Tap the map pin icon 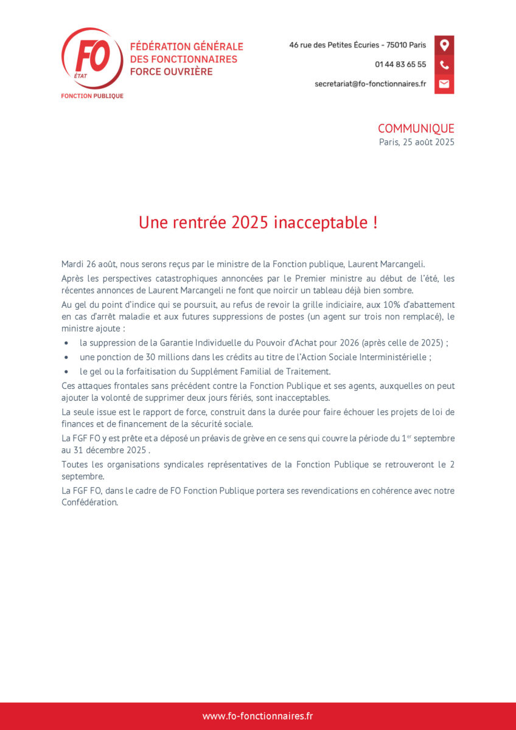[x=444, y=45]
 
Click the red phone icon [x=444, y=64]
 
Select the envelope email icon [x=444, y=84]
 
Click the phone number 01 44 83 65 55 [x=400, y=64]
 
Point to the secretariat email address [x=370, y=84]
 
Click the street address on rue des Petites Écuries [x=357, y=45]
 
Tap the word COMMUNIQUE [x=416, y=128]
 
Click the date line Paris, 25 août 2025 [x=416, y=142]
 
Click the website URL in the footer [x=258, y=716]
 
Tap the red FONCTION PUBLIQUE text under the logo [x=92, y=96]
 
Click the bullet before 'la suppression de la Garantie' [x=66, y=343]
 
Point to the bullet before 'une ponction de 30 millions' [x=66, y=358]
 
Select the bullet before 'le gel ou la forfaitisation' [x=66, y=372]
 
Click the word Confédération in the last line [x=89, y=502]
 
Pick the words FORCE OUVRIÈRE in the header [x=171, y=72]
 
